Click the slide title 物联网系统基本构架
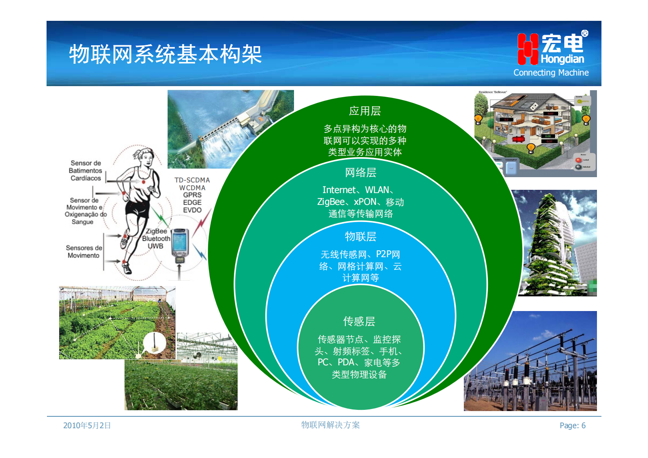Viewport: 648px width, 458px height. pos(165,54)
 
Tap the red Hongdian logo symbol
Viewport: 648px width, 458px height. pos(528,49)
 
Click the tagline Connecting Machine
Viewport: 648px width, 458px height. pos(551,73)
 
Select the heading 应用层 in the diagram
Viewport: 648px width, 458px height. pos(365,111)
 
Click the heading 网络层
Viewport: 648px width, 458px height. pos(361,173)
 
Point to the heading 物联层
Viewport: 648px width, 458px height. pos(361,237)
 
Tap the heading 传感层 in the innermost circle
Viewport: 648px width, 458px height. pos(359,322)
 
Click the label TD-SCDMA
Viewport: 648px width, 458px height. pos(192,180)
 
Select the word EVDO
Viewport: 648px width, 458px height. pos(192,210)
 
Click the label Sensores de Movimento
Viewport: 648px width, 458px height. pos(84,251)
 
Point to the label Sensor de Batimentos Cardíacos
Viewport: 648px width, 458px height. pos(85,171)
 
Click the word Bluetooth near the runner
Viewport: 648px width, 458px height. pos(156,239)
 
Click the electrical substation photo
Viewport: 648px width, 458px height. pos(530,361)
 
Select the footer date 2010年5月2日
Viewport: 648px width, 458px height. pos(87,425)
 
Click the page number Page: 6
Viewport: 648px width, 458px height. pos(572,425)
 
